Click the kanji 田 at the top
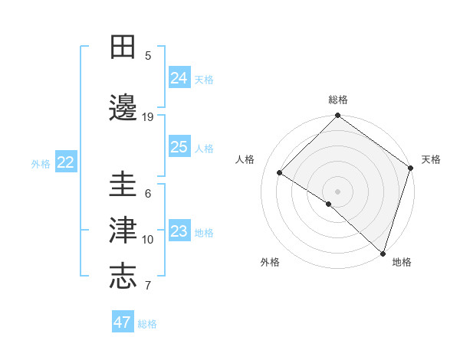coord(123,47)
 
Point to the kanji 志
coord(123,277)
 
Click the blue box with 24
coord(179,77)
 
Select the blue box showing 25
coord(179,147)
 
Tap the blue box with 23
coord(179,231)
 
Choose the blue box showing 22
coord(65,162)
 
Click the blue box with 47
coord(123,322)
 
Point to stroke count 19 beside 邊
coord(148,117)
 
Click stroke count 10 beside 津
coord(148,240)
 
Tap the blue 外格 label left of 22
coord(41,163)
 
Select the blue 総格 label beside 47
coord(147,324)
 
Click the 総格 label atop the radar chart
coord(338,100)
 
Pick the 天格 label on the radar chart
coord(431,159)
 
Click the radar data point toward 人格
coord(280,173)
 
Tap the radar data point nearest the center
coord(329,204)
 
